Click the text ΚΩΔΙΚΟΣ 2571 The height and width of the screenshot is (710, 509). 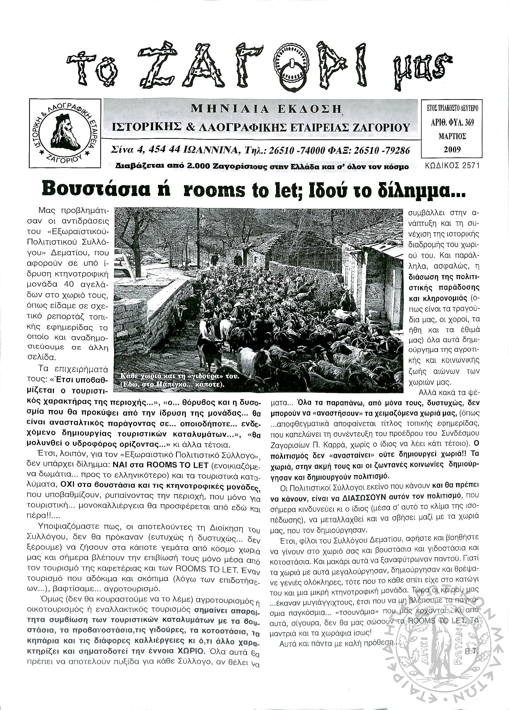[452, 166]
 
